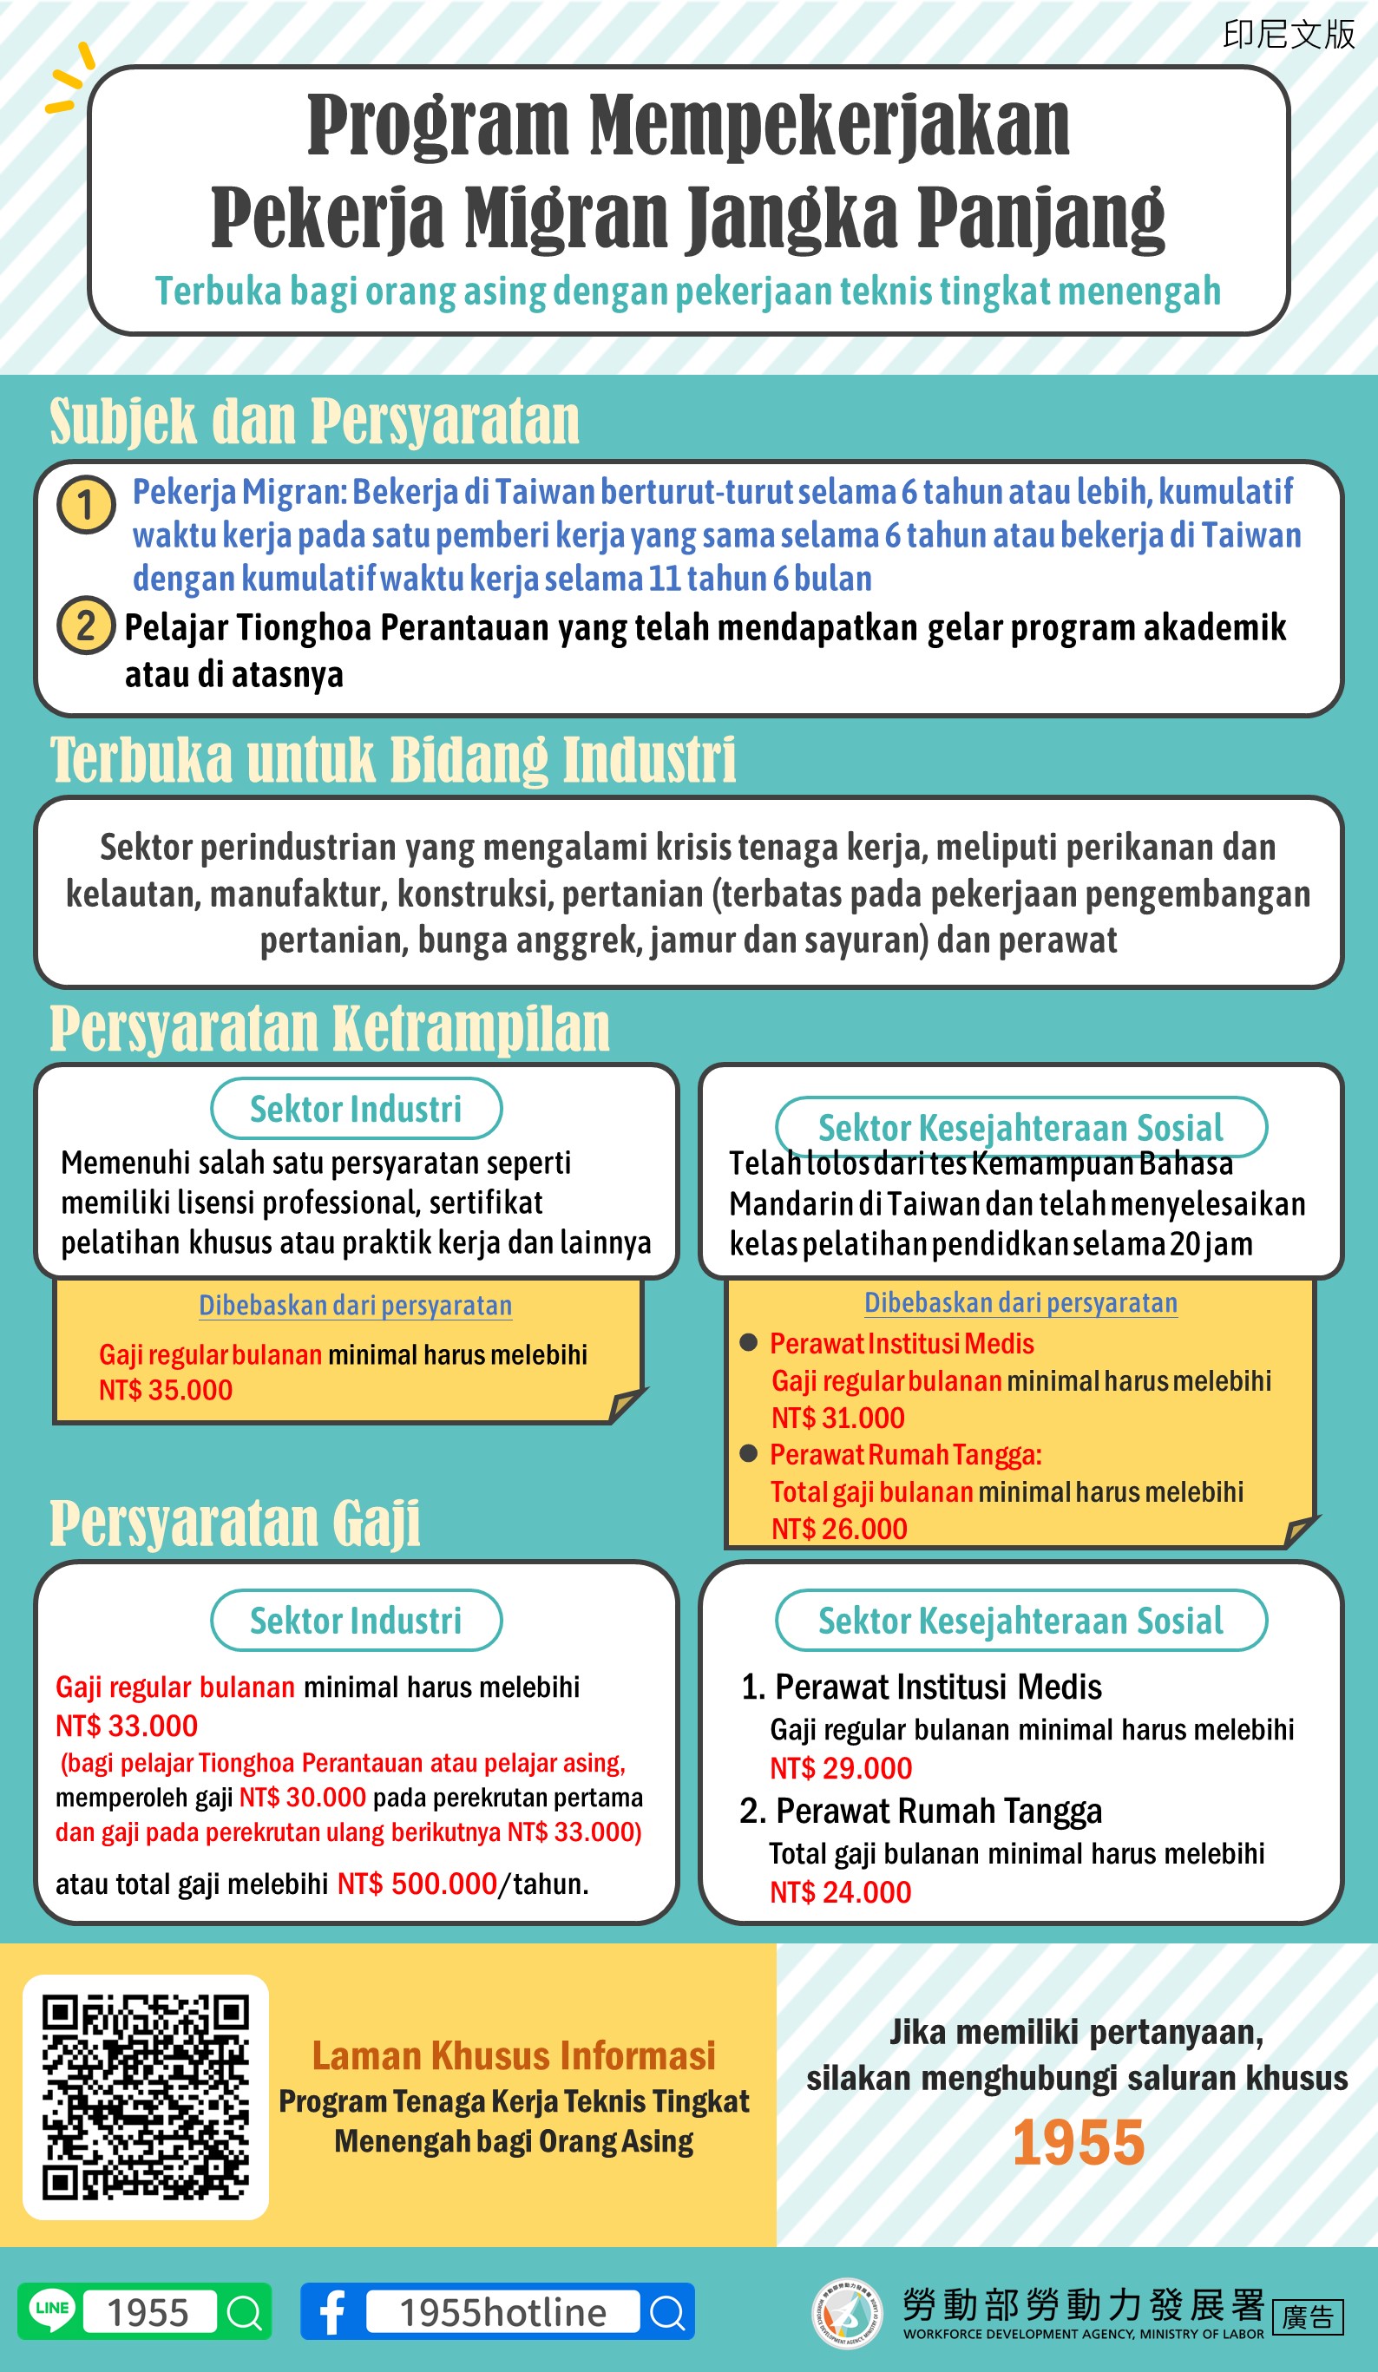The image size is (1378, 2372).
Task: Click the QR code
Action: click(x=146, y=2097)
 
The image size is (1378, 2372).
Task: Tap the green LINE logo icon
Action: click(x=52, y=2310)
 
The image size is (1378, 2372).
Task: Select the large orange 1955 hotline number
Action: click(x=1078, y=2143)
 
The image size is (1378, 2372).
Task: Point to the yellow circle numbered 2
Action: click(x=86, y=626)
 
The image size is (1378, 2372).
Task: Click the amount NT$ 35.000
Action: click(x=166, y=1390)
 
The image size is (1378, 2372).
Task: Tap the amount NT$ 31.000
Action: click(x=837, y=1418)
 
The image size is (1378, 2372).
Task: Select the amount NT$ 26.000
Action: click(x=838, y=1529)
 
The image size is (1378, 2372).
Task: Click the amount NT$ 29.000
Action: click(x=841, y=1767)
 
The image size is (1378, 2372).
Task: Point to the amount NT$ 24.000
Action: click(x=841, y=1892)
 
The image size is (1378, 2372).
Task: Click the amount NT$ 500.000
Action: click(x=417, y=1884)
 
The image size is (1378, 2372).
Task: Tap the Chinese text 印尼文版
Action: click(x=1289, y=35)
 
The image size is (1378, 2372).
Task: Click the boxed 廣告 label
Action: click(x=1308, y=2316)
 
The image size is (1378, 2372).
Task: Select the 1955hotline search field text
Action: click(x=502, y=2312)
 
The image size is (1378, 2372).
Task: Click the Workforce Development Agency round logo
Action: click(x=846, y=2313)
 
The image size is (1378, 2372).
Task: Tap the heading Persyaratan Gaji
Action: click(x=235, y=1523)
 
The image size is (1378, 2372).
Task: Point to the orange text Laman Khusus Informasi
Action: click(x=514, y=2055)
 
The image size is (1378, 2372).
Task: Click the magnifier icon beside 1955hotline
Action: click(x=667, y=2312)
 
